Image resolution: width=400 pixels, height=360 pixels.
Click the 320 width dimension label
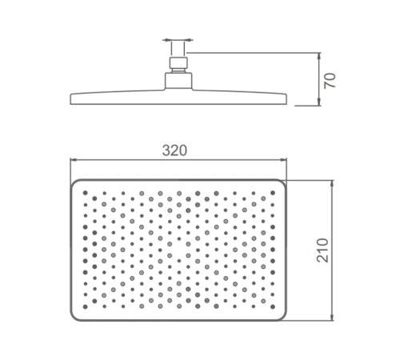(x=174, y=150)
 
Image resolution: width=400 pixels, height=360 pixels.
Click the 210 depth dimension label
(x=322, y=250)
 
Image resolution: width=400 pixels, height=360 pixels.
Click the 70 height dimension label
(x=330, y=81)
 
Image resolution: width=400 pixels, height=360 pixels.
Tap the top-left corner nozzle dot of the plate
(x=86, y=193)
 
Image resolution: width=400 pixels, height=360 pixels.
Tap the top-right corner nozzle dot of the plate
(x=273, y=193)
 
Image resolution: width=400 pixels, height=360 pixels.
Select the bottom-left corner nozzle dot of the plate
(x=86, y=306)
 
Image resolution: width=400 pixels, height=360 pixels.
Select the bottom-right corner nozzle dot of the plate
(x=273, y=306)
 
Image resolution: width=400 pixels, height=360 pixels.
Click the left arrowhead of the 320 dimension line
(x=74, y=160)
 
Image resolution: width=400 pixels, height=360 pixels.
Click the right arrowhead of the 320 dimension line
(x=283, y=160)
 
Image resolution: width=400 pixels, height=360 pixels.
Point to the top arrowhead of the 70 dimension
(x=319, y=56)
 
